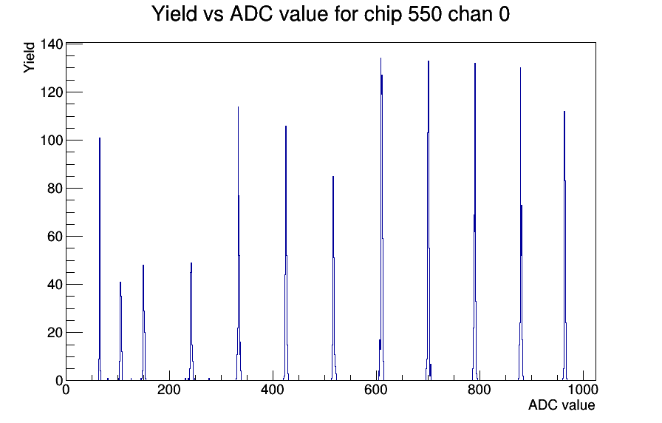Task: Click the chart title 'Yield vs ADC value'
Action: coord(240,14)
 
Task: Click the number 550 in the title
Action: coord(425,14)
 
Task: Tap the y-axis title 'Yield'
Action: coord(29,58)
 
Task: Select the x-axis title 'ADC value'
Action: coord(562,405)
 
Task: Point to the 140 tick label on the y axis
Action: coord(52,44)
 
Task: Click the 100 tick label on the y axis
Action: coord(52,141)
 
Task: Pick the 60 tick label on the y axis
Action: coord(55,237)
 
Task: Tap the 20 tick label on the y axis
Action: coord(55,333)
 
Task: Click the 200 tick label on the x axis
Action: coord(169,389)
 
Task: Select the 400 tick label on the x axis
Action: coord(273,389)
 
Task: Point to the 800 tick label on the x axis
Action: coord(480,389)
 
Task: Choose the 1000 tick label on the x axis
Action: coord(583,389)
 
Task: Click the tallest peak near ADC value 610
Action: coord(381,220)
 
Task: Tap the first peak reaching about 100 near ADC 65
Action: coord(100,259)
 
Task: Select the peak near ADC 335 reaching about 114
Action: coord(239,243)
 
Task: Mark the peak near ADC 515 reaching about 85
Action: coord(333,278)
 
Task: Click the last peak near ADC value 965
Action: coord(564,246)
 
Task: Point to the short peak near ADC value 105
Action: coord(120,331)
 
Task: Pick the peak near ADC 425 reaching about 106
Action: coord(286,253)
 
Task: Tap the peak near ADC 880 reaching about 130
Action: coord(521,224)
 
